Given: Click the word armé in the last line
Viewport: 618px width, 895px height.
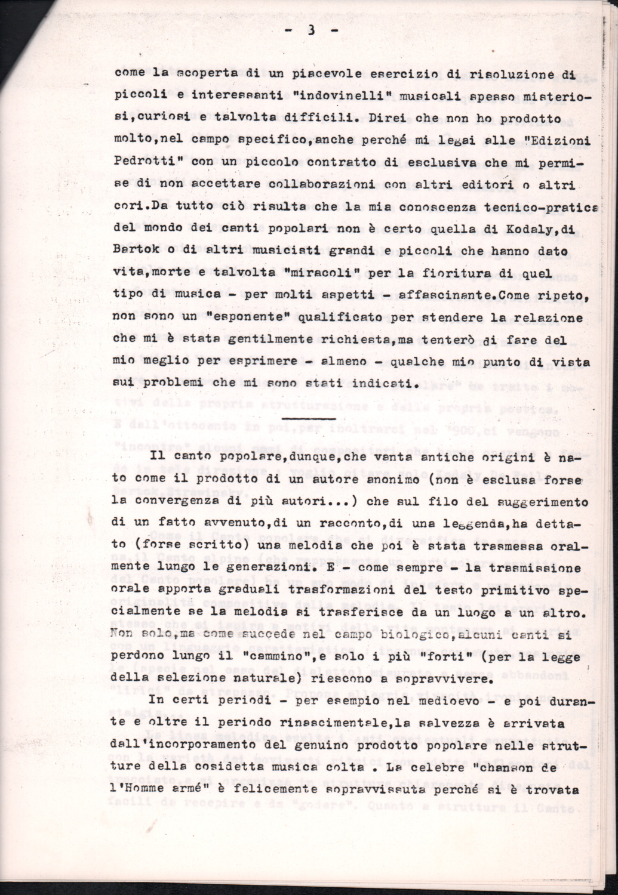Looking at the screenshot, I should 213,791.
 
